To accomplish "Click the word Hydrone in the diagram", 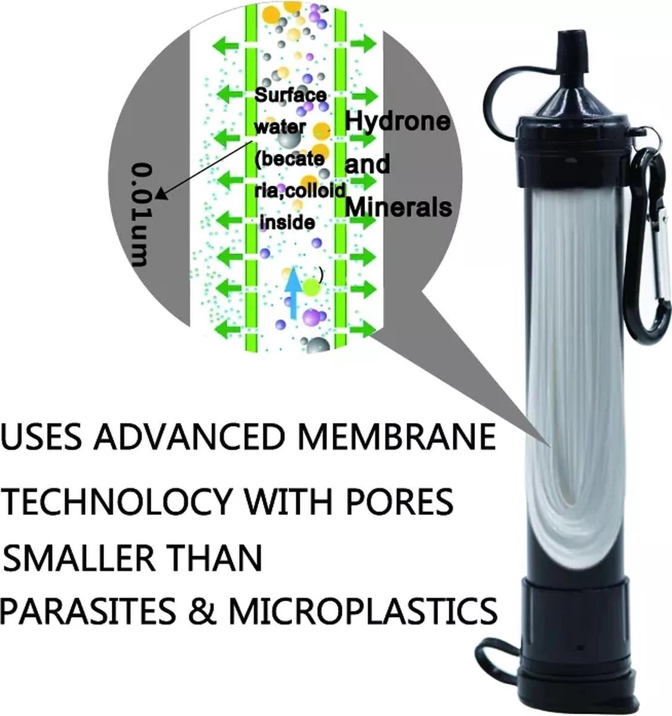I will (x=397, y=122).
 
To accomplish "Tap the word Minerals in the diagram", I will (x=398, y=207).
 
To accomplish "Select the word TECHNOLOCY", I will (x=116, y=502).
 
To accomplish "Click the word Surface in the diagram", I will (x=290, y=95).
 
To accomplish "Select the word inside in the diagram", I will (x=289, y=223).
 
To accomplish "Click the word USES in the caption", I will (x=41, y=437).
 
